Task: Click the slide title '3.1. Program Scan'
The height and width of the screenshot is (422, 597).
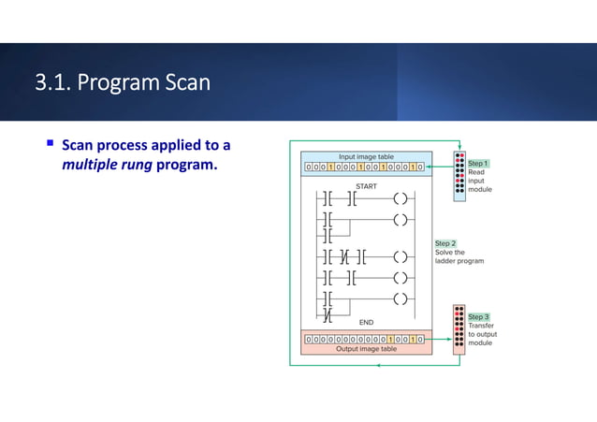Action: [x=123, y=83]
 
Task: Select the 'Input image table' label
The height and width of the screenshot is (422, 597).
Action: [x=365, y=156]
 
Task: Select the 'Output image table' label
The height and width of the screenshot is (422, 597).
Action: [x=365, y=349]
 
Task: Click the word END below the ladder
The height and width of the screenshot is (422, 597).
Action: [x=367, y=323]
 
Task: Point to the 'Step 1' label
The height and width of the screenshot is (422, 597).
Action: [x=478, y=163]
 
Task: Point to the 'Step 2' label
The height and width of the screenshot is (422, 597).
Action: [x=445, y=242]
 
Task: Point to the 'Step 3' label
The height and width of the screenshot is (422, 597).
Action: [x=478, y=316]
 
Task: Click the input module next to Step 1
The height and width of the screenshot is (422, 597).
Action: [x=459, y=176]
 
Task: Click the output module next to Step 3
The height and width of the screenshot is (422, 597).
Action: [x=459, y=328]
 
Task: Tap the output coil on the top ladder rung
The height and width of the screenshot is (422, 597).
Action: [x=401, y=198]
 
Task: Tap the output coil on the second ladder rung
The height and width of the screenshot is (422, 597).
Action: [x=401, y=221]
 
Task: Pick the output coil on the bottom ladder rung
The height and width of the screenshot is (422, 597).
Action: [x=401, y=299]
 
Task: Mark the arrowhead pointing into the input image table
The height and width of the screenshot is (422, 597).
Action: [x=429, y=167]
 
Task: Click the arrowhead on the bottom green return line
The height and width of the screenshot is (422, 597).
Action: [x=377, y=364]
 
